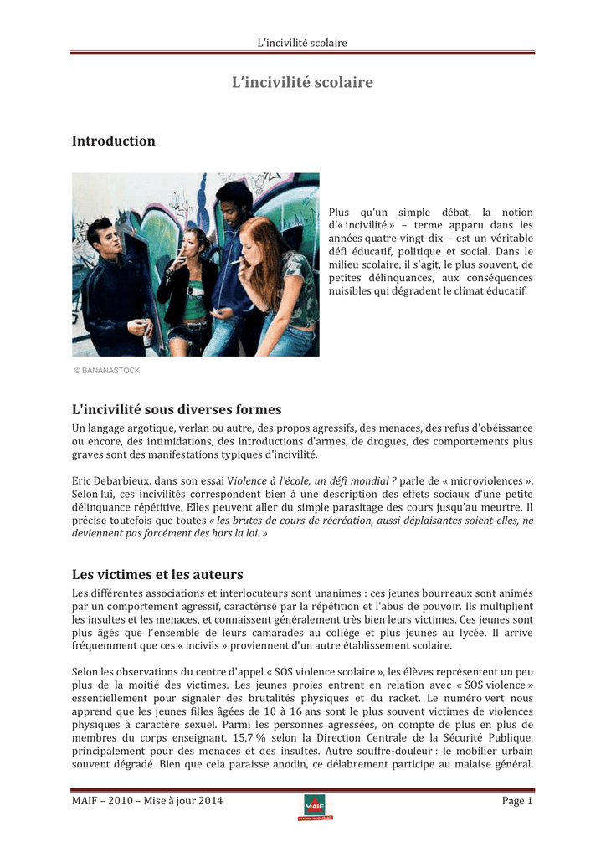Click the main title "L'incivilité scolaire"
tap(302, 82)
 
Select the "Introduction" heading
tap(114, 141)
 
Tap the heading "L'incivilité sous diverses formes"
tap(177, 409)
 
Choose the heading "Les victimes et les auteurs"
tap(157, 574)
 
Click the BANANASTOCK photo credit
tap(106, 370)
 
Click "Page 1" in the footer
tap(517, 801)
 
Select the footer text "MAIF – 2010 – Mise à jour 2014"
tap(147, 801)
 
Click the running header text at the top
tap(302, 43)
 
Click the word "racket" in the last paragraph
tap(402, 696)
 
